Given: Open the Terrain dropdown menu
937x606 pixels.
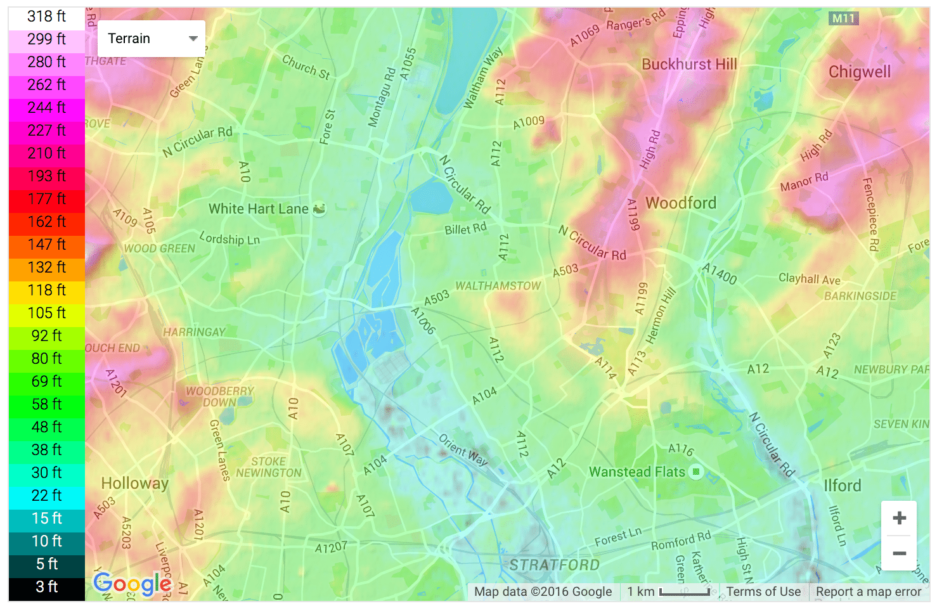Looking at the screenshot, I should pyautogui.click(x=152, y=39).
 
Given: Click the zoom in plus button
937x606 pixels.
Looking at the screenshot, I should pyautogui.click(x=898, y=518).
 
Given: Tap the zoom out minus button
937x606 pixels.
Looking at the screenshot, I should pyautogui.click(x=898, y=553).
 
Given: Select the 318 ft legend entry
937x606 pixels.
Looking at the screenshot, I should pyautogui.click(x=47, y=16).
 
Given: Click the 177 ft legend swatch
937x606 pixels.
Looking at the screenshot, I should pyautogui.click(x=47, y=199).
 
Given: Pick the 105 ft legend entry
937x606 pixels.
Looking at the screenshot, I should pyautogui.click(x=47, y=313).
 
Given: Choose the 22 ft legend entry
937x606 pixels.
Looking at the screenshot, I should pyautogui.click(x=47, y=496).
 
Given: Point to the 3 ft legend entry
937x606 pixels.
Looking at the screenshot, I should pyautogui.click(x=47, y=587).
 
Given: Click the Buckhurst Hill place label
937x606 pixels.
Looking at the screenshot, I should pyautogui.click(x=689, y=64).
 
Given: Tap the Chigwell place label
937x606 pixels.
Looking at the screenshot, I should pyautogui.click(x=859, y=72).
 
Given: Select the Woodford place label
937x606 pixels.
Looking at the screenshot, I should pyautogui.click(x=680, y=203).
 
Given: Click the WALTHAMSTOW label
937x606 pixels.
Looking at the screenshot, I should pyautogui.click(x=498, y=286).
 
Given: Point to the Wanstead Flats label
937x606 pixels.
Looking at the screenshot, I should pyautogui.click(x=637, y=472).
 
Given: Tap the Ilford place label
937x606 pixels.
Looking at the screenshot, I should pyautogui.click(x=842, y=486).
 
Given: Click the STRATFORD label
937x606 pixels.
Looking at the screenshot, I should pyautogui.click(x=554, y=564).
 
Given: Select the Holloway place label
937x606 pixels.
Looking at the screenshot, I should pyautogui.click(x=134, y=484).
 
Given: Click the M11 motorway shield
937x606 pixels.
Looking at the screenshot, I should pyautogui.click(x=843, y=18).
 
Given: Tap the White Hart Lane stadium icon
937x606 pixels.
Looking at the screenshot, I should pyautogui.click(x=320, y=209).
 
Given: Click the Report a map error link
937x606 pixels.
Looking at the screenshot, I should pyautogui.click(x=868, y=591).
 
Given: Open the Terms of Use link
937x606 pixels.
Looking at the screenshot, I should pyautogui.click(x=763, y=591).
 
